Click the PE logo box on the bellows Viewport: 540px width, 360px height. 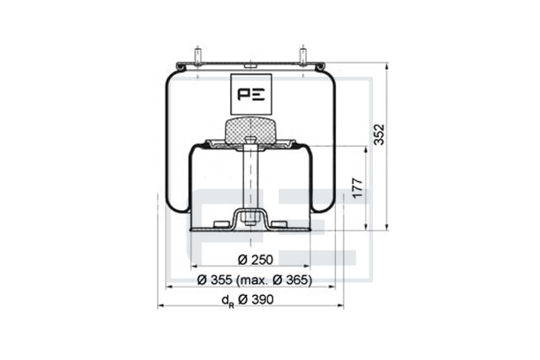pyautogui.click(x=251, y=94)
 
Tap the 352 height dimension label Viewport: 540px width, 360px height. pyautogui.click(x=379, y=135)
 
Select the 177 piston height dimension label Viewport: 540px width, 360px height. pyautogui.click(x=358, y=187)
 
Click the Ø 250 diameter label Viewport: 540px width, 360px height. pyautogui.click(x=255, y=260)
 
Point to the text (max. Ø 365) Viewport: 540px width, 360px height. pyautogui.click(x=274, y=280)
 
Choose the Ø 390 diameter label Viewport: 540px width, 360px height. pyautogui.click(x=256, y=299)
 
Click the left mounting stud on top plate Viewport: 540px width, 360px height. pyautogui.click(x=198, y=56)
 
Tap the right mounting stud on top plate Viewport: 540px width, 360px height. pyautogui.click(x=303, y=56)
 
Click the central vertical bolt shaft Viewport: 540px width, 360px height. pyautogui.click(x=251, y=182)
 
